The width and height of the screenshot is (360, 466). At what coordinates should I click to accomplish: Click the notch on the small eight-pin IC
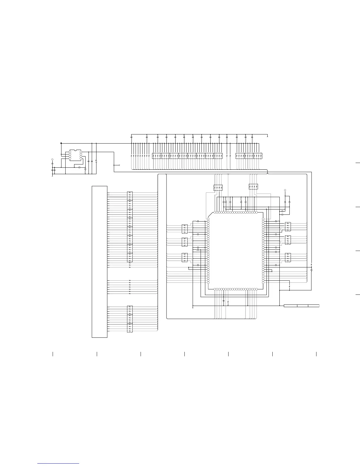coord(76,150)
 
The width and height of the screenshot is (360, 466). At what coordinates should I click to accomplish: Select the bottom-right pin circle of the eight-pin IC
coord(81,159)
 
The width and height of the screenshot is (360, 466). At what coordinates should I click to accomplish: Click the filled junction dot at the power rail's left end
coord(61,143)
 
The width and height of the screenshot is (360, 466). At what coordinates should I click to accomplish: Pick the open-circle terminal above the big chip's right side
coord(285,190)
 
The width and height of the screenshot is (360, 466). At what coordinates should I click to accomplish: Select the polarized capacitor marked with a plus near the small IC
coord(96,161)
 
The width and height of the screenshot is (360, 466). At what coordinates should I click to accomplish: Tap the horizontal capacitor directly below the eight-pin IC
coord(79,167)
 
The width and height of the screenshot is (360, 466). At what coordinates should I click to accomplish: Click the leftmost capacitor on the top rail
coord(131,137)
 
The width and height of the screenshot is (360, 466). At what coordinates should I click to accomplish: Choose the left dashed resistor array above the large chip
coord(218,187)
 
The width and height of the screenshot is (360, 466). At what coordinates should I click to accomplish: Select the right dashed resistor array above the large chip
coord(254,187)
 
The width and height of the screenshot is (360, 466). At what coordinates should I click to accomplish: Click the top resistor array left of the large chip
coord(185,229)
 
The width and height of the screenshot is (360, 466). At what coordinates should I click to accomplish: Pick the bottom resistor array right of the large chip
coord(288,257)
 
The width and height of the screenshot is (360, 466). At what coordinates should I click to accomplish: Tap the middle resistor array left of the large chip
coord(185,242)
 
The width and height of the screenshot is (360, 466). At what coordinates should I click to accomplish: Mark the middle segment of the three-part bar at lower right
coord(303,306)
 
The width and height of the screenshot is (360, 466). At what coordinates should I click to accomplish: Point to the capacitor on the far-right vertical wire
coord(311,269)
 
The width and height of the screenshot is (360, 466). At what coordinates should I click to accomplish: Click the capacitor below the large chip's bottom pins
coord(224,301)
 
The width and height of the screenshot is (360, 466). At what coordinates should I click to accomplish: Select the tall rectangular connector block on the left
coord(99,262)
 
